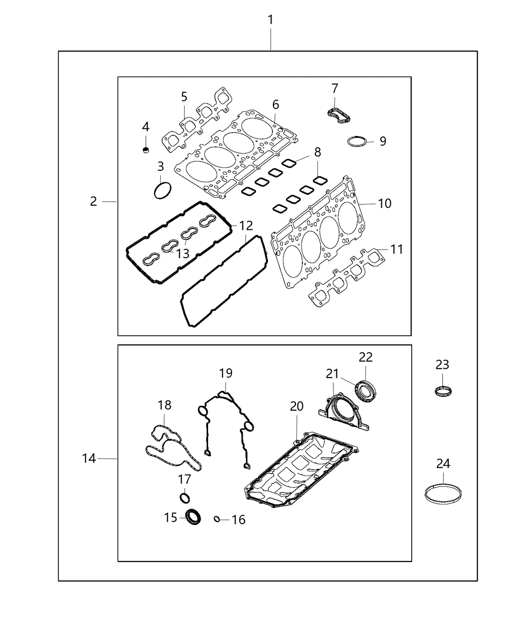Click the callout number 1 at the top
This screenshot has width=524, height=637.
(270, 20)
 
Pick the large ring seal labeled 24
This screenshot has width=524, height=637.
(443, 493)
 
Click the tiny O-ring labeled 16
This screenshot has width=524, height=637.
(217, 519)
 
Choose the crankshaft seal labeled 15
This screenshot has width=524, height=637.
(193, 517)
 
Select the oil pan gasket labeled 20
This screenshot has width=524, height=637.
(299, 470)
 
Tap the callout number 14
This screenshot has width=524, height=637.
(89, 458)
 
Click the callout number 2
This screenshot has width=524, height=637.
(93, 201)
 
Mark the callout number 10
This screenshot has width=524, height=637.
(384, 204)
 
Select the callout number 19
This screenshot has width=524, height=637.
(226, 373)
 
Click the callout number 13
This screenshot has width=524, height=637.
(183, 253)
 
